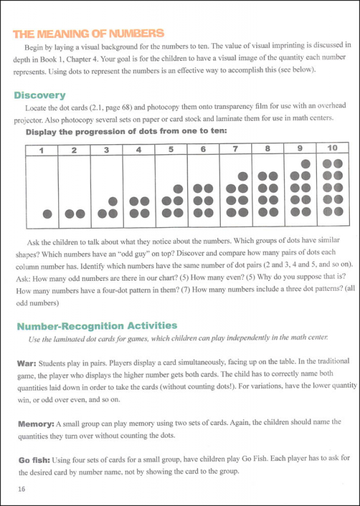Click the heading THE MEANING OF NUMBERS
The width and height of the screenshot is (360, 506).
(x=89, y=34)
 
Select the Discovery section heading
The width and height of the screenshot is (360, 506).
(x=40, y=96)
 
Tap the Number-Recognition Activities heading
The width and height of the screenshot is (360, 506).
(x=97, y=326)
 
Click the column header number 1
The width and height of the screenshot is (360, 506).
(x=41, y=151)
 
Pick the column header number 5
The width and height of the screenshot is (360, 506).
(x=171, y=151)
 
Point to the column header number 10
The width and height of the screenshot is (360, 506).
(x=333, y=149)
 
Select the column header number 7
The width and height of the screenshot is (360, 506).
(x=235, y=150)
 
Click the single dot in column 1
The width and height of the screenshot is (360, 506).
(x=46, y=214)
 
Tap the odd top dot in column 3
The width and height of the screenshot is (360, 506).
(x=113, y=201)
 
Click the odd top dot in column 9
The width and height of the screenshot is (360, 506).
(x=306, y=163)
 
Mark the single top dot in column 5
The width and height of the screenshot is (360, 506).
(x=178, y=189)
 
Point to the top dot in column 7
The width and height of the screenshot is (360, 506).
(x=242, y=176)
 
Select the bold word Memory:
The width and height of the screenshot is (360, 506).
(x=35, y=423)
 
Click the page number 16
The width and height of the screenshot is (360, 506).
(x=22, y=489)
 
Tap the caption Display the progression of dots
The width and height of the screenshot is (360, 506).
(x=113, y=133)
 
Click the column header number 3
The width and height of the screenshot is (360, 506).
(x=106, y=151)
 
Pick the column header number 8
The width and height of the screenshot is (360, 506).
(x=268, y=150)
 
